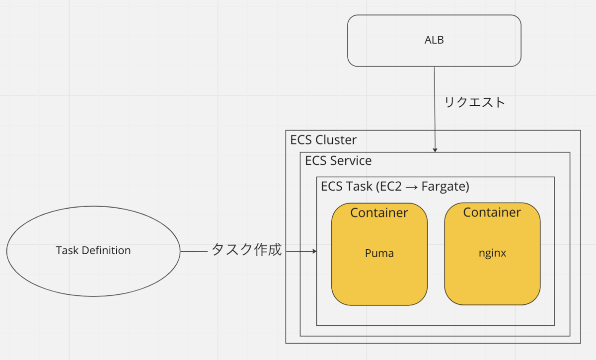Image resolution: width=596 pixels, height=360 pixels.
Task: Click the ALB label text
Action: pos(434,41)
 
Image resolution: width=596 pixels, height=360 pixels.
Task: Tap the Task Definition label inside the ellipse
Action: pos(93,251)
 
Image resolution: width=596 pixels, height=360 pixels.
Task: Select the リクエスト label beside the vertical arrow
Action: pos(475,102)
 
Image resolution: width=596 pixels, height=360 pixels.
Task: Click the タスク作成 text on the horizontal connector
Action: pos(247,250)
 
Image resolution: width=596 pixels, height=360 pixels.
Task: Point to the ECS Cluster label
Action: pos(323,140)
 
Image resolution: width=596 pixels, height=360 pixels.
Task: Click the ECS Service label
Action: pos(338,161)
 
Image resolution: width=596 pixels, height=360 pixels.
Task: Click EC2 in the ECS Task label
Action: pos(391,187)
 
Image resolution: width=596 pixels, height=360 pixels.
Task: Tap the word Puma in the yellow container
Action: pos(379,253)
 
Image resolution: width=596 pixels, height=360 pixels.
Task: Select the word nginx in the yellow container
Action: pos(492,253)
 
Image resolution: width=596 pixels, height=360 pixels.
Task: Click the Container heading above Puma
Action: pos(379,213)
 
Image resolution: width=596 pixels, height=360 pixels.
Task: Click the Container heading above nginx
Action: pos(492,213)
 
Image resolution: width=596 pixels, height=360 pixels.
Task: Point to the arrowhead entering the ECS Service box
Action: pos(436,149)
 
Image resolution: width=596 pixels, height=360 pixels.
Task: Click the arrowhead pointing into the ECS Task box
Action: pos(314,252)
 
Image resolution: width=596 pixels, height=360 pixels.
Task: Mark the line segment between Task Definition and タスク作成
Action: pos(194,252)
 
